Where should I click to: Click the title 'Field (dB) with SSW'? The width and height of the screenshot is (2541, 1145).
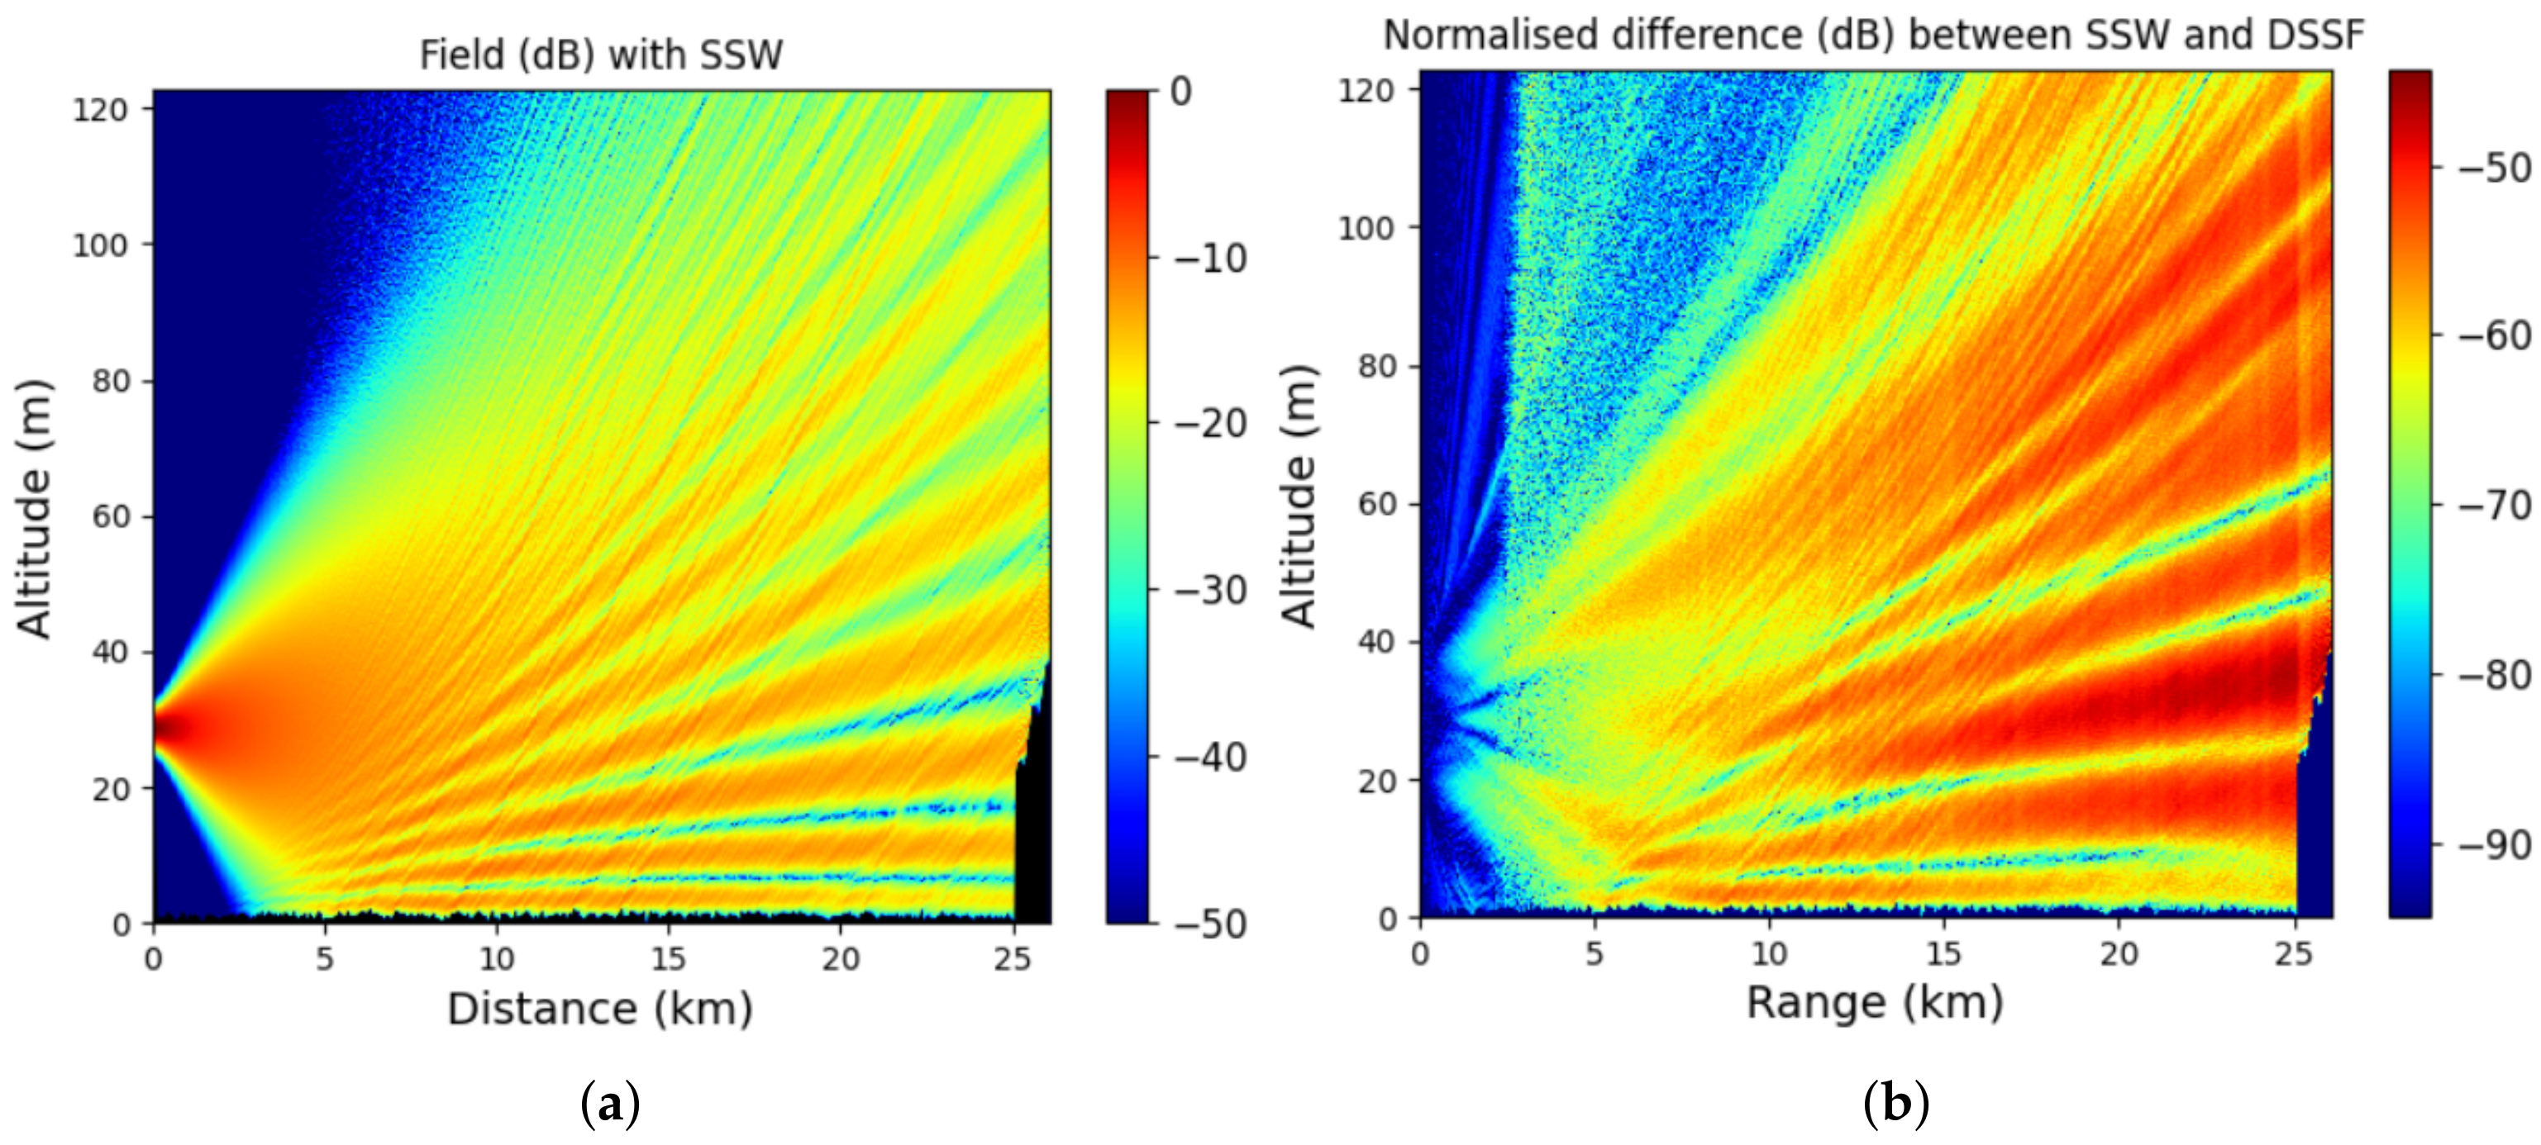601,55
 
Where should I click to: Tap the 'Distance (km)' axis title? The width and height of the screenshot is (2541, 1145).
600,1009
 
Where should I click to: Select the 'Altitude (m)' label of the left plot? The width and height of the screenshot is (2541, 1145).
35,509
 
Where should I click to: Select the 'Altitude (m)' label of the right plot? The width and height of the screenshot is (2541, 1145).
1299,496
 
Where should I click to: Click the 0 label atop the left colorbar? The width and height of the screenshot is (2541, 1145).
1180,92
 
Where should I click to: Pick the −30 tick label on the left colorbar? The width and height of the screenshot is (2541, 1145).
1210,591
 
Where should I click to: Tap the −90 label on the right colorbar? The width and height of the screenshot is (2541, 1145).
2494,845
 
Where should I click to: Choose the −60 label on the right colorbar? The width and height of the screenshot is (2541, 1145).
2494,336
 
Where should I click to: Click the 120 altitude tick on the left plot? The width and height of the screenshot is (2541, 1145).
101,110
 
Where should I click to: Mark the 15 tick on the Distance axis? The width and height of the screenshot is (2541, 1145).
668,958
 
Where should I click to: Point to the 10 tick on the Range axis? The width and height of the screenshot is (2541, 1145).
1769,953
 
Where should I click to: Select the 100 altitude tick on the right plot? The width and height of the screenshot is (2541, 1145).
1366,228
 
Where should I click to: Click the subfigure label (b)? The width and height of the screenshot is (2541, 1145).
1895,1105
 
